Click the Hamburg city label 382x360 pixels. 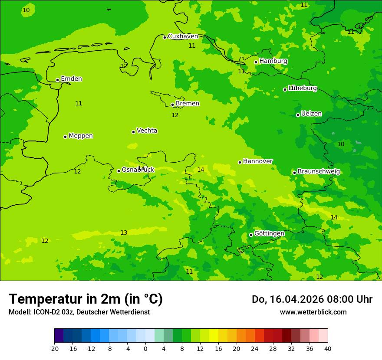coord(273,61)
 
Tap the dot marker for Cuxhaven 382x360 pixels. coord(165,37)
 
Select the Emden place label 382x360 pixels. coord(71,79)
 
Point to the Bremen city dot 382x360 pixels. coord(172,105)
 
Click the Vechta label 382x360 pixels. coord(147,131)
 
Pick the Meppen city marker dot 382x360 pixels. coord(65,137)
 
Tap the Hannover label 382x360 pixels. coord(257,161)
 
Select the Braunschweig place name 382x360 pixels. coord(319,172)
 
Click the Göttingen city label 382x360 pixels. coord(269,233)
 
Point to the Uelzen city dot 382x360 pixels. coord(298,115)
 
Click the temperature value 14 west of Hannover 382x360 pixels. coord(201,170)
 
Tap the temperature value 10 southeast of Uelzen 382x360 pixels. coord(341,144)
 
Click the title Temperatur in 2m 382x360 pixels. coord(86,299)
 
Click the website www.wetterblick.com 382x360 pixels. coord(313,312)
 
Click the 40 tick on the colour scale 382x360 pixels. coord(327,348)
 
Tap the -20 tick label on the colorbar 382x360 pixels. coord(54,348)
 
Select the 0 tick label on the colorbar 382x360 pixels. coord(145,348)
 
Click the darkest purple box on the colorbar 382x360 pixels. coord(59,335)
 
